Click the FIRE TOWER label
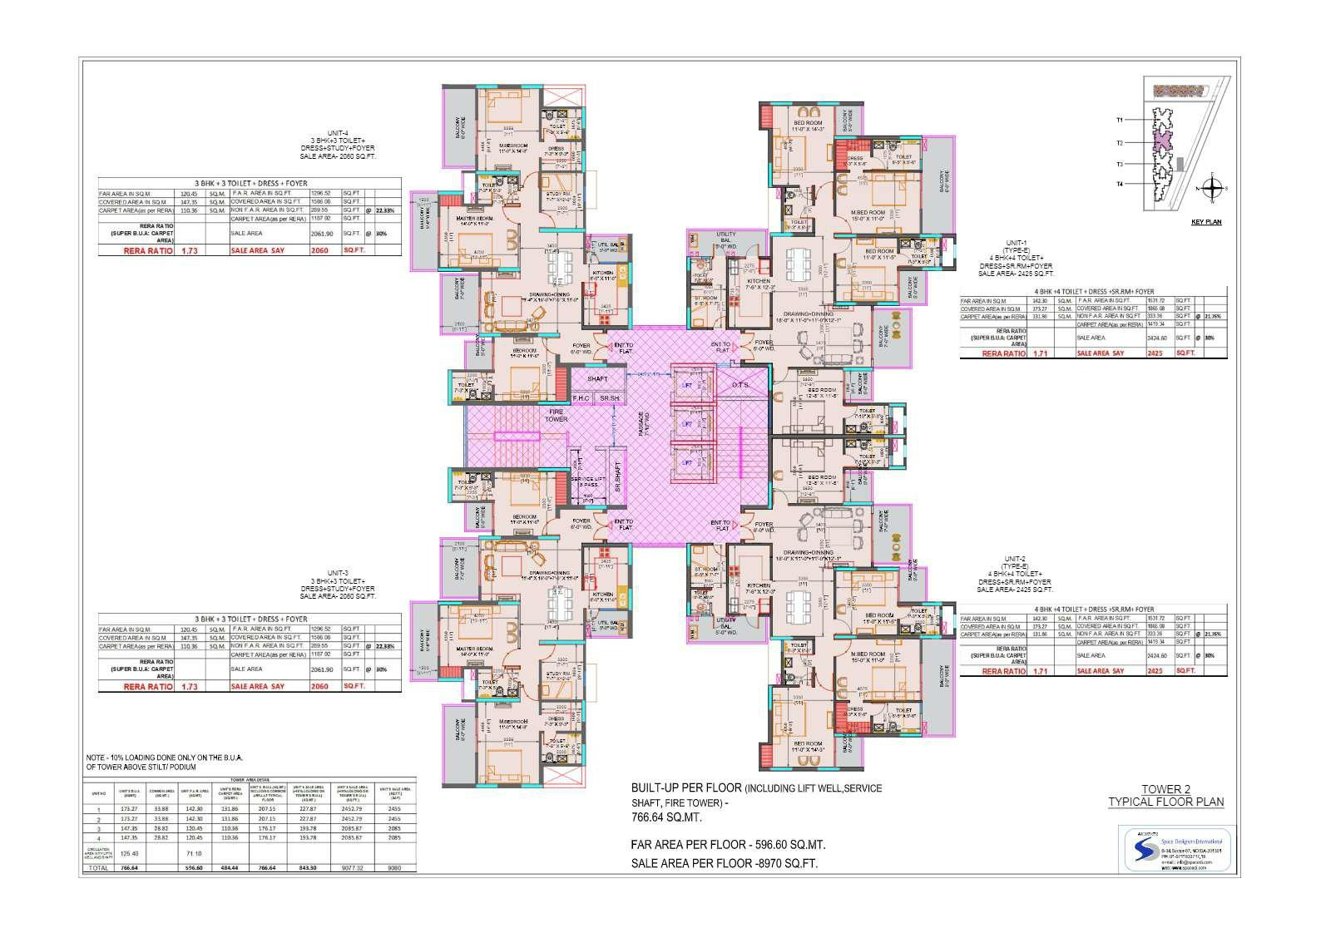click(557, 414)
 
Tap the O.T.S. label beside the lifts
click(740, 385)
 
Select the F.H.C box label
click(581, 399)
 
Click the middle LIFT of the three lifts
click(687, 424)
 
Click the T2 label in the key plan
click(1120, 143)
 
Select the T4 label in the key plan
click(1120, 183)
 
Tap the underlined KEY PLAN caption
click(1206, 222)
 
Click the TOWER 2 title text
click(1165, 789)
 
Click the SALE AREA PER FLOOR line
click(724, 864)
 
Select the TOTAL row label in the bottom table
click(98, 867)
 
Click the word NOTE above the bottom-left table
click(96, 758)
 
